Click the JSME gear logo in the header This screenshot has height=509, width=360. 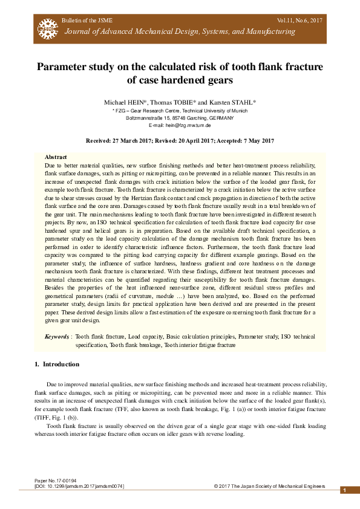[x=46, y=26]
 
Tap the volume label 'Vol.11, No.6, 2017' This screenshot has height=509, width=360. [x=301, y=21]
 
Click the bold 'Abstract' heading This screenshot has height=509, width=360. [x=56, y=157]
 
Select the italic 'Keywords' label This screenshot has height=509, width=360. [x=57, y=336]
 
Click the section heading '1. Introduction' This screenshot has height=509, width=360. [x=57, y=365]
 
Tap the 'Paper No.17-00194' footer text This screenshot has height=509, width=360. [x=56, y=481]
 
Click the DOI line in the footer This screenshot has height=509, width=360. [x=79, y=486]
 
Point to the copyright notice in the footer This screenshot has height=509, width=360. [x=269, y=486]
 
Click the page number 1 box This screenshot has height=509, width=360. [x=344, y=490]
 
